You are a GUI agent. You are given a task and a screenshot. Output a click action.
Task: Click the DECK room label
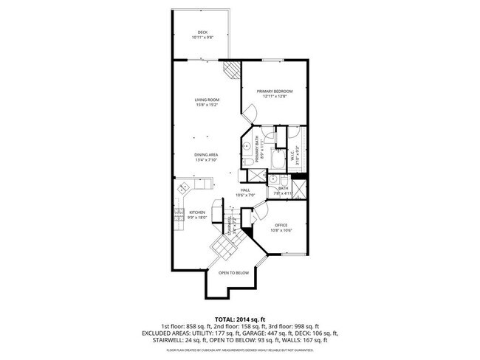coord(202,32)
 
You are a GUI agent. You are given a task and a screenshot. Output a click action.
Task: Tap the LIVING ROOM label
coord(207,100)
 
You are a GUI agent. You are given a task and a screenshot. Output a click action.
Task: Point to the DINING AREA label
coord(207,154)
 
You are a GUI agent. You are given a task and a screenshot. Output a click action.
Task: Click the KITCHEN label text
coord(196,212)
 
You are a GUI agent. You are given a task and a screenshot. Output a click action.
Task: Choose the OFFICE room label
coord(281,226)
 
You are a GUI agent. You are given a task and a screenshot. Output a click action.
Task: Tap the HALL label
coord(244,190)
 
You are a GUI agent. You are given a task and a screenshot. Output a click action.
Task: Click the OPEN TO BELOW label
coord(234,273)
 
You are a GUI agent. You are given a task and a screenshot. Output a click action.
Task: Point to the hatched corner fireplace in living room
coord(233,70)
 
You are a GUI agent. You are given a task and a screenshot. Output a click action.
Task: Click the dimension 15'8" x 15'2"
coord(207,105)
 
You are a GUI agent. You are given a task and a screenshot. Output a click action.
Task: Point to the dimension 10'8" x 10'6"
coord(281,231)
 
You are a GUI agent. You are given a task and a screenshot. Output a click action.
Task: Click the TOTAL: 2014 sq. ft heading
coord(241,319)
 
